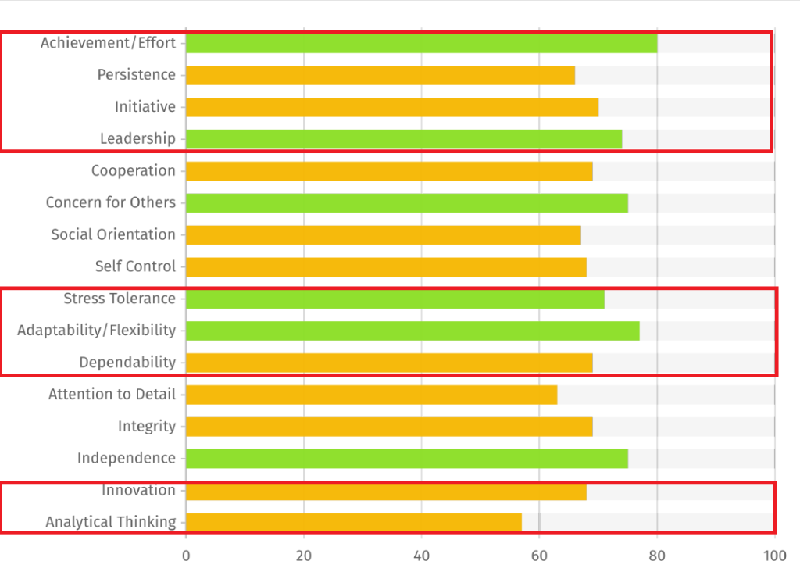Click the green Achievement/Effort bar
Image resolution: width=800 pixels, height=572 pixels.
pos(421,43)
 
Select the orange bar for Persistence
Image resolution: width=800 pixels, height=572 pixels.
pos(380,75)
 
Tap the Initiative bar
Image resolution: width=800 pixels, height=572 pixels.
pos(392,107)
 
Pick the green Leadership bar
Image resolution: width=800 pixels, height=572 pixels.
pos(404,139)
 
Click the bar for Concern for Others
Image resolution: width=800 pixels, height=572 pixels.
pos(407,203)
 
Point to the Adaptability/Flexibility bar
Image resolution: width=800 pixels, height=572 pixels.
pos(412,331)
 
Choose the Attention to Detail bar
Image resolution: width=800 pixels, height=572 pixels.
pos(371,395)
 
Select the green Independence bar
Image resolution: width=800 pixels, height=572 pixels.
pos(407,459)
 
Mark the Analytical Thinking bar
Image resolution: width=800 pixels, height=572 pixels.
pos(353,522)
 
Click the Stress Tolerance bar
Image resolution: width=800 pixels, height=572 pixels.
pos(395,299)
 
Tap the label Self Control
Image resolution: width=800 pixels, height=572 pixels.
pos(135,266)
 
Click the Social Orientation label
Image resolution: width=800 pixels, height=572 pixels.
pos(113,234)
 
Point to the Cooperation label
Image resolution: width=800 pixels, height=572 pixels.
pos(134,171)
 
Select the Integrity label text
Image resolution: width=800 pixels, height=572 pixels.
pos(147,427)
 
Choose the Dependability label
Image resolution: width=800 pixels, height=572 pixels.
pos(127,363)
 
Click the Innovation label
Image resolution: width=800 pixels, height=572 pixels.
pos(138,491)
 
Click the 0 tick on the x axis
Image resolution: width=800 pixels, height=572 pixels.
pos(186,556)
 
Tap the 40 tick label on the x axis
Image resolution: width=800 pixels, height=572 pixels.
pos(422,556)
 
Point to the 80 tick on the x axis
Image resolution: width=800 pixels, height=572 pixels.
pos(657,556)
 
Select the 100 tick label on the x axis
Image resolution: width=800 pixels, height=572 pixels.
pos(774,556)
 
